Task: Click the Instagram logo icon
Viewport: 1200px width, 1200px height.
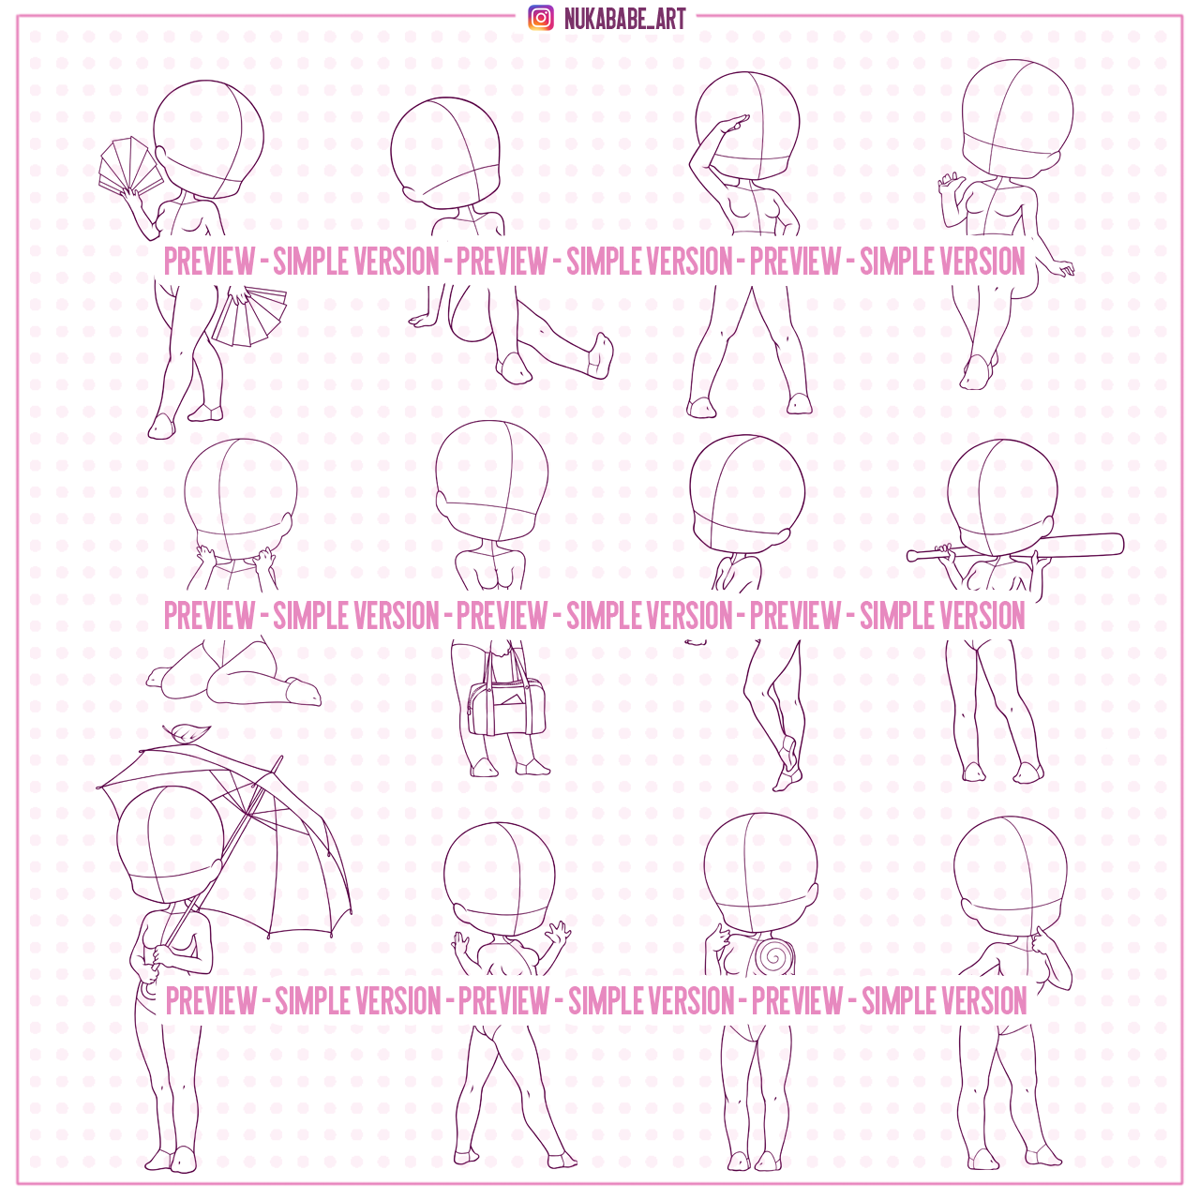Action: click(541, 18)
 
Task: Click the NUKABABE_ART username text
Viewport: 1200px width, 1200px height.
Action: click(624, 19)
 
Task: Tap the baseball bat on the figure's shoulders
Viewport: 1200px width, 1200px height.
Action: click(1015, 547)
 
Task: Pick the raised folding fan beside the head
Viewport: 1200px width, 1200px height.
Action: click(129, 163)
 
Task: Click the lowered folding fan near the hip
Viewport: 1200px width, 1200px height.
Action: click(247, 316)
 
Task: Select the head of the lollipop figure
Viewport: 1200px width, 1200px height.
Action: click(760, 873)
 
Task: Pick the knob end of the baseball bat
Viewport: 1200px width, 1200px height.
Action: click(910, 556)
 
